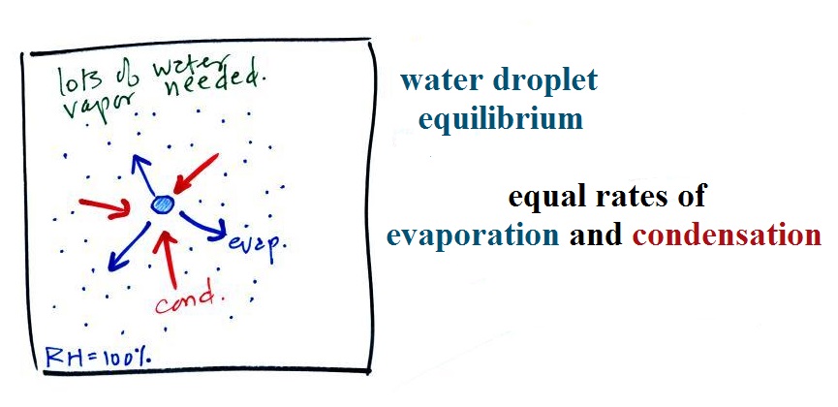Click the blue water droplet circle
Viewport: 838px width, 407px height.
click(x=162, y=204)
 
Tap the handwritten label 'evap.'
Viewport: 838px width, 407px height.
click(x=258, y=246)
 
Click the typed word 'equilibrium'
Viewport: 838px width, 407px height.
click(x=500, y=119)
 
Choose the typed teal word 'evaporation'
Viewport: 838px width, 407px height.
click(x=473, y=235)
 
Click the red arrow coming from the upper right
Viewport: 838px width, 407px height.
click(x=196, y=173)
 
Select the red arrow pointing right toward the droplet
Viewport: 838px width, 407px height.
click(x=105, y=207)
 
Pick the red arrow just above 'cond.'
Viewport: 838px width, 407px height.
click(x=170, y=259)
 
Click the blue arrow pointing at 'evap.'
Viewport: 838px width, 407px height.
click(x=203, y=225)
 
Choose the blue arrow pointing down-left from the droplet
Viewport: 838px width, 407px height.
click(x=128, y=248)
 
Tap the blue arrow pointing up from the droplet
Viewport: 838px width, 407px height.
click(x=142, y=173)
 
